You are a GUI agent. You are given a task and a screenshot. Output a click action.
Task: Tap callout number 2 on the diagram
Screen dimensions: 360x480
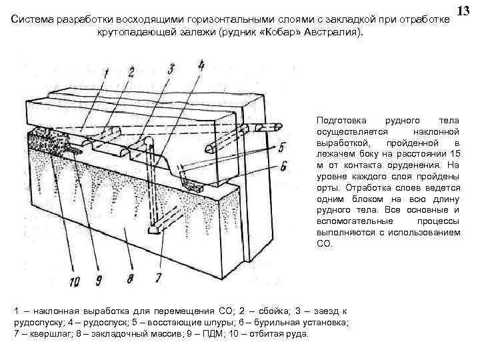(131, 71)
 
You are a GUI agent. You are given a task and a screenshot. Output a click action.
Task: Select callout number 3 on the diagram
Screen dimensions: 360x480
(171, 69)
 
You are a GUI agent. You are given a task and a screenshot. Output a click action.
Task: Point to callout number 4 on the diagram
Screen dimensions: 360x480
(201, 65)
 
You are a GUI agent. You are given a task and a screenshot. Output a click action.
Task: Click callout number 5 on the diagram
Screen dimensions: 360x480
(283, 147)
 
